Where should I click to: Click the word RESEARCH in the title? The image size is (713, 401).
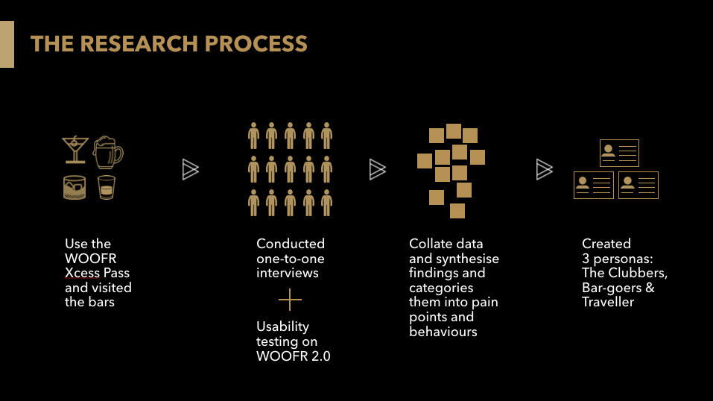click(139, 43)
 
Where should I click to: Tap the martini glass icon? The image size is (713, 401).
click(75, 148)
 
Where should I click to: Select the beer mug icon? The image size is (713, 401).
click(108, 152)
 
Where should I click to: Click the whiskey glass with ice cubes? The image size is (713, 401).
click(76, 187)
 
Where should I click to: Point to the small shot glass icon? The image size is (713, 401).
click(108, 187)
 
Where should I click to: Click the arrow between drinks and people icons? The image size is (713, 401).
click(191, 170)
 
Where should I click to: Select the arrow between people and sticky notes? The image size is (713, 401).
click(378, 170)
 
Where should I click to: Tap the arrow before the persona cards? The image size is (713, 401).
click(545, 170)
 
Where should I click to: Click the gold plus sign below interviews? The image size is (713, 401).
click(290, 300)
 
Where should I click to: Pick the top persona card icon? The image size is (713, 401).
click(619, 154)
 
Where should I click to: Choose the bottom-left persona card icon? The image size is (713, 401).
click(593, 185)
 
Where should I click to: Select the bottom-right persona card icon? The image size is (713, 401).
click(638, 185)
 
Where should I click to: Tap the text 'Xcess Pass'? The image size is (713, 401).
click(97, 273)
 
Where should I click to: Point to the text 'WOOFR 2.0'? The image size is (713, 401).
click(293, 356)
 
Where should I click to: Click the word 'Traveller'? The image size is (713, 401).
click(608, 302)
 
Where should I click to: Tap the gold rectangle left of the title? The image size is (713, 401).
click(7, 44)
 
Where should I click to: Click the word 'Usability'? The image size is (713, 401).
click(282, 326)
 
